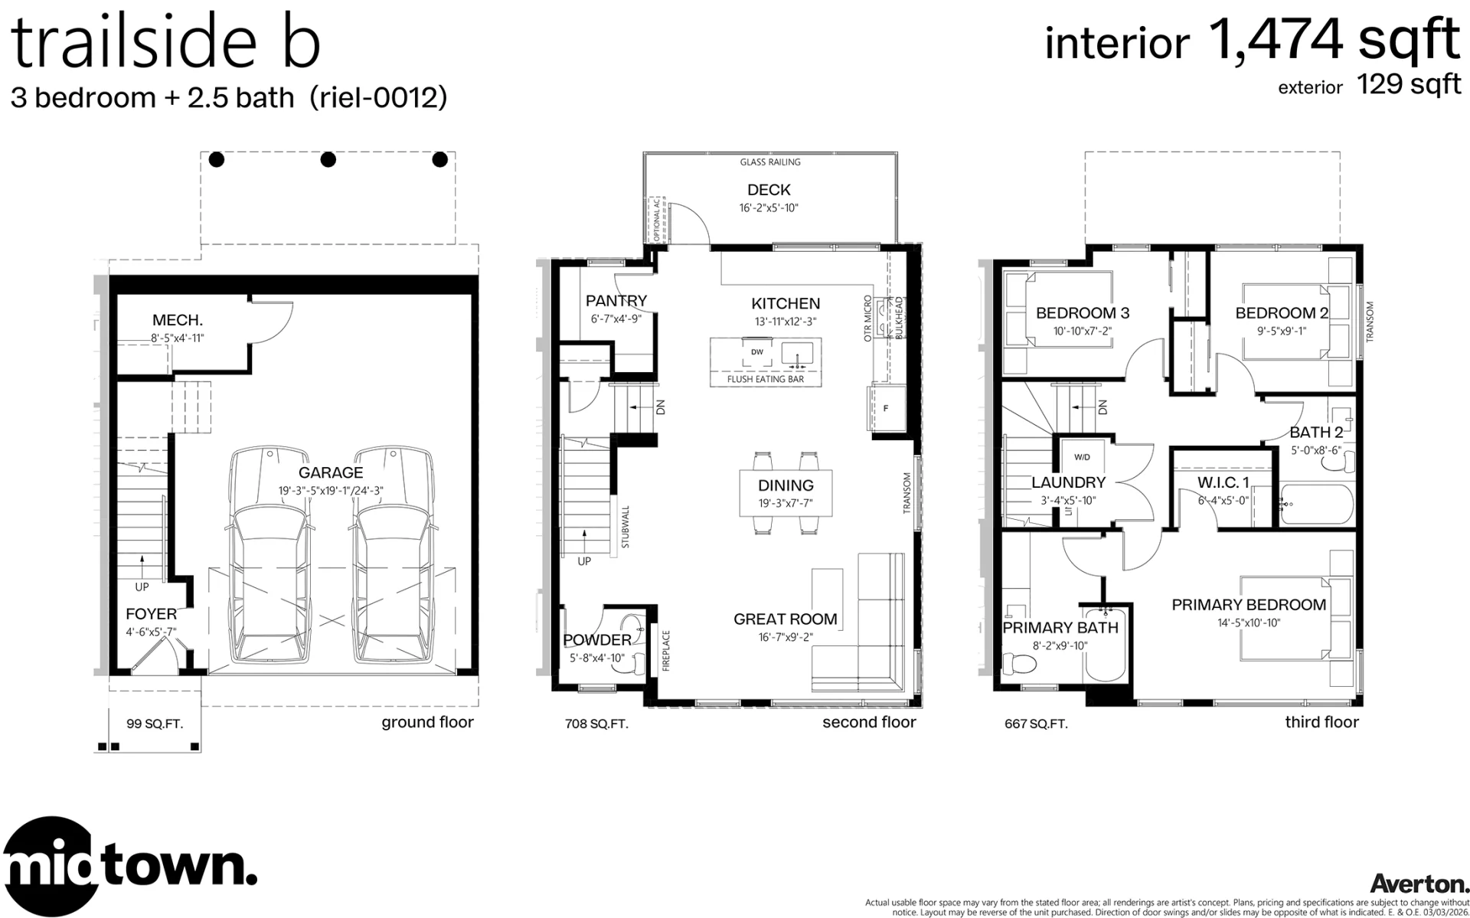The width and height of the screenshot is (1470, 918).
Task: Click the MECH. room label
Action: (x=178, y=320)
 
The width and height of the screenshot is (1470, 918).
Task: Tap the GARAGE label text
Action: (x=331, y=473)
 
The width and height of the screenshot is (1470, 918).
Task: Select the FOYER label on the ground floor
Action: (x=152, y=614)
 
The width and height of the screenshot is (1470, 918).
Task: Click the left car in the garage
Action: (x=272, y=556)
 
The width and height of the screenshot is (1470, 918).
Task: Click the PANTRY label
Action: (x=616, y=301)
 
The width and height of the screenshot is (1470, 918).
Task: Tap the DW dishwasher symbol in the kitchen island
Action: (x=757, y=352)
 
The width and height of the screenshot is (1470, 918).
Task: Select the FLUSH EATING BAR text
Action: (x=766, y=380)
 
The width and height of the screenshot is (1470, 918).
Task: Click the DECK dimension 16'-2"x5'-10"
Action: (x=769, y=208)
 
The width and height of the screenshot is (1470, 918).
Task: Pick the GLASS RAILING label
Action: (x=770, y=162)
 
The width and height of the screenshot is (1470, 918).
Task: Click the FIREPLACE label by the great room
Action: (x=666, y=651)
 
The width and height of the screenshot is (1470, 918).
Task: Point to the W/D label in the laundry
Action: (x=1083, y=458)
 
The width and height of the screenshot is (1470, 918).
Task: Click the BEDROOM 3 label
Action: (x=1083, y=313)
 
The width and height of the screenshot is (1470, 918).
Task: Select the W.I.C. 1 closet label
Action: (x=1223, y=483)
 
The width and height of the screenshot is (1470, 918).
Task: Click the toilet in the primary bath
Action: (x=1018, y=665)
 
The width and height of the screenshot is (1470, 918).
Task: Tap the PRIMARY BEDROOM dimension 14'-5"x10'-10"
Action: (x=1249, y=623)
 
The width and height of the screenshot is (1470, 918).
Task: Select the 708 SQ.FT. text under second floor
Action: (x=596, y=724)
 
